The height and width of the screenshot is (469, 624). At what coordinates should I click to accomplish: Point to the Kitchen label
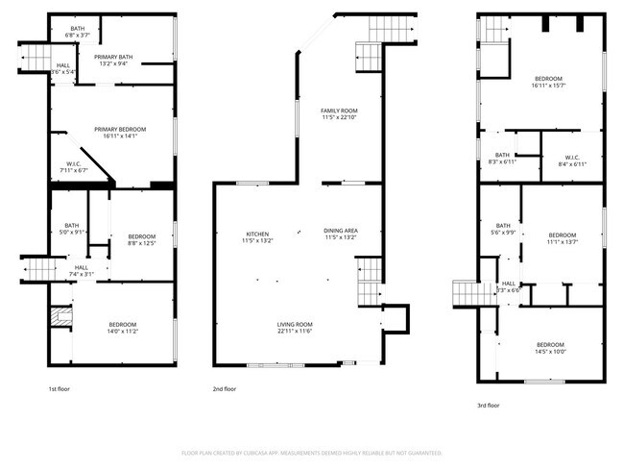tap(256, 234)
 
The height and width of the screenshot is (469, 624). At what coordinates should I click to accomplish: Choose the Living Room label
tap(295, 328)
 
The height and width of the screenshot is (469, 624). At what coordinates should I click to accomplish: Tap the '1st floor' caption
tap(60, 389)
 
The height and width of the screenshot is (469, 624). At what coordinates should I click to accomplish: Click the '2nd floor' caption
tap(224, 389)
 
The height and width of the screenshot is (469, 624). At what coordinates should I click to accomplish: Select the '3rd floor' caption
tap(488, 406)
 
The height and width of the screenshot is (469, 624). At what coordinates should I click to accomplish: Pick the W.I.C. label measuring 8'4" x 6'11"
tap(571, 160)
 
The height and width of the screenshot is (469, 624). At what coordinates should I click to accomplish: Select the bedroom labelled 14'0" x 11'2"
tap(122, 327)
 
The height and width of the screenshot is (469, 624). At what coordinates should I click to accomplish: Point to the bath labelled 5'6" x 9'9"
tap(502, 229)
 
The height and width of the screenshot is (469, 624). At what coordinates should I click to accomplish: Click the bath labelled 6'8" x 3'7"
tap(77, 32)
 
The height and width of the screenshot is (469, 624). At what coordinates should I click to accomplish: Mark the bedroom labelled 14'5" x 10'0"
tap(550, 348)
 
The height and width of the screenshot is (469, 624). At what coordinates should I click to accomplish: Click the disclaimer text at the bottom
tap(311, 452)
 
